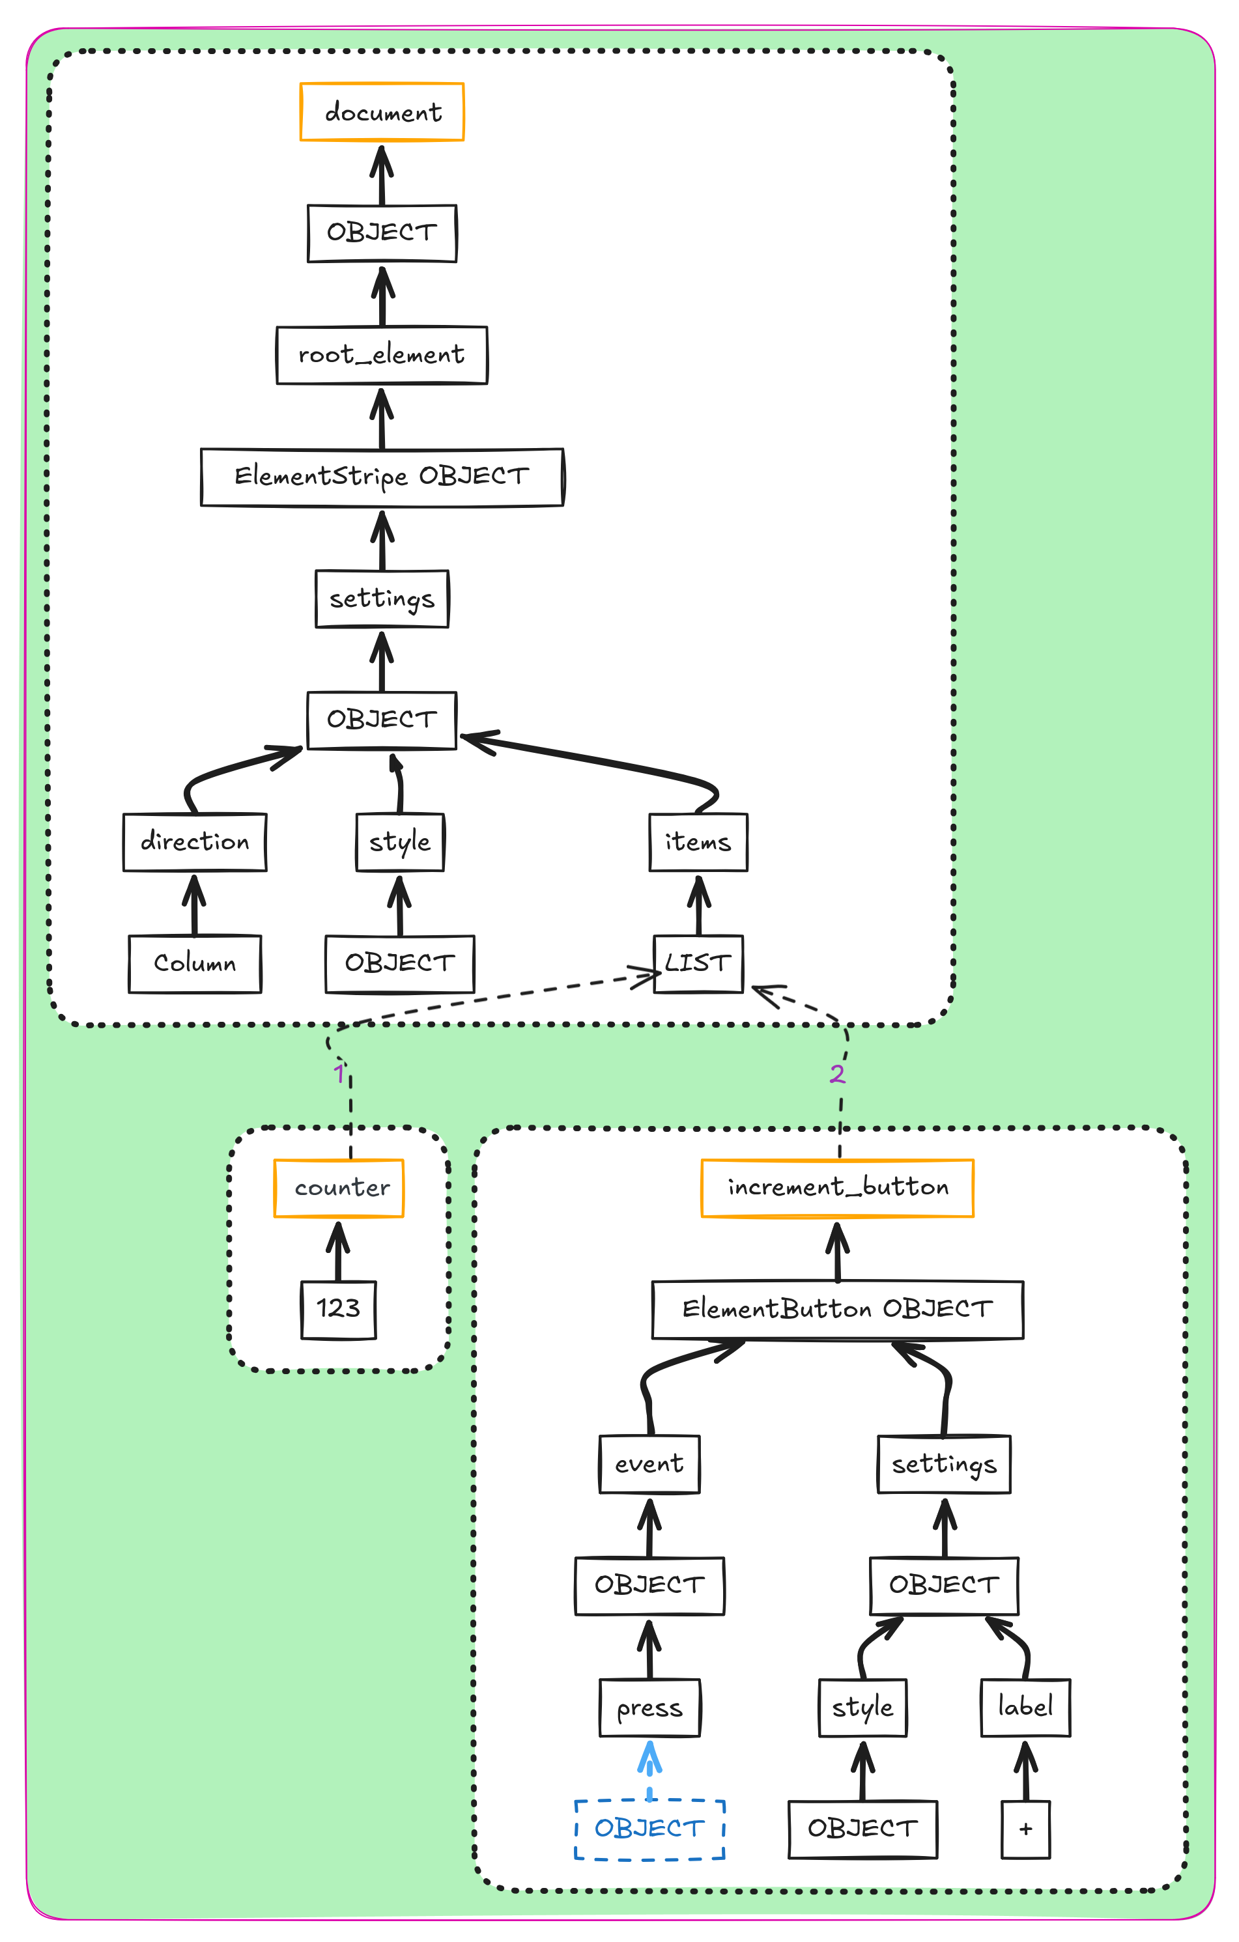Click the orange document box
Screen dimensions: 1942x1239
(x=382, y=112)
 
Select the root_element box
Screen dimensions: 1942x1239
(x=382, y=355)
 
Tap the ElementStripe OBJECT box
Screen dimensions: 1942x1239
(x=382, y=477)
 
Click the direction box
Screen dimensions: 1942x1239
(x=194, y=842)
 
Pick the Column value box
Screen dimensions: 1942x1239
(x=194, y=964)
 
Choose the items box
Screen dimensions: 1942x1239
(x=698, y=842)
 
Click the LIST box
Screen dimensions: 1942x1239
(x=698, y=964)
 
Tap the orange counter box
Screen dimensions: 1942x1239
(x=339, y=1188)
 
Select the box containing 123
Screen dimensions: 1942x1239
(x=338, y=1310)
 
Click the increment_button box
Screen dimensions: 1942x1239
(x=837, y=1188)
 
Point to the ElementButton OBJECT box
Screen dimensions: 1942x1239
(x=837, y=1310)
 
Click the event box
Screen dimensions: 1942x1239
(x=649, y=1464)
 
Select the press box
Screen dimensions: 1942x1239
(x=649, y=1708)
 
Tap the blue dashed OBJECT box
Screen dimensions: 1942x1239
(x=649, y=1829)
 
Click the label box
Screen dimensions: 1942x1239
(x=1025, y=1708)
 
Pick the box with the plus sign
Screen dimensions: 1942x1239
(x=1025, y=1829)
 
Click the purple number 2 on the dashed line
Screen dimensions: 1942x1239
(x=837, y=1075)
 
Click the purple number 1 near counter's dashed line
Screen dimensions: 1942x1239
(x=339, y=1075)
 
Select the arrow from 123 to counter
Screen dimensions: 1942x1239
(x=338, y=1250)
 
